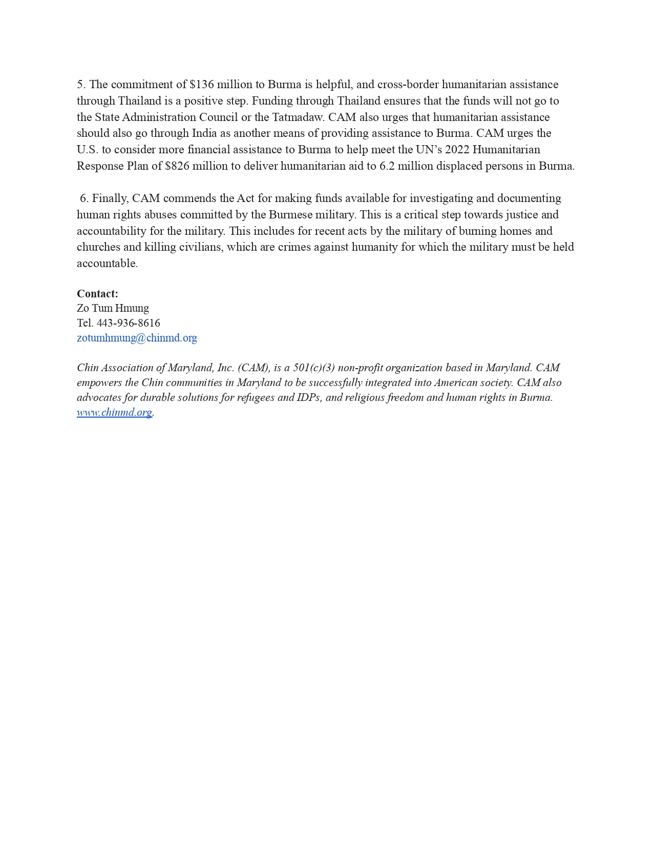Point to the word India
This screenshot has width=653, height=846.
tap(204, 133)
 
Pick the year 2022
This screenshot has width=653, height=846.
tap(457, 150)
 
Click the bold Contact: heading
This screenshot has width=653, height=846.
tap(97, 294)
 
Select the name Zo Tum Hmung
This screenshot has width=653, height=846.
tap(113, 308)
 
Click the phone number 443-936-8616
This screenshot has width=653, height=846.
tap(128, 323)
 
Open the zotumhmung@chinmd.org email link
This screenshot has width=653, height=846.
tap(137, 338)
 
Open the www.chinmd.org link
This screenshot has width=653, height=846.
tap(114, 412)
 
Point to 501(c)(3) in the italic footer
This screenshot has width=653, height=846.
tap(313, 368)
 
